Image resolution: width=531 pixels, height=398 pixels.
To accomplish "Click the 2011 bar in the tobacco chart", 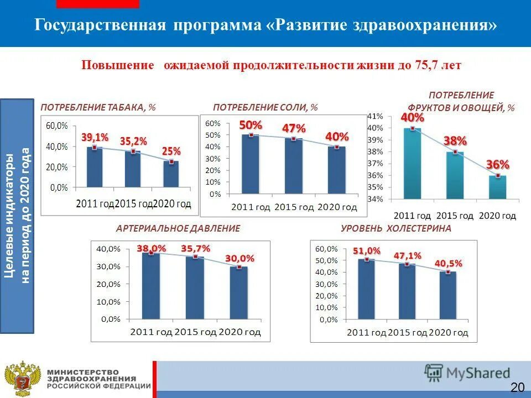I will (95, 167).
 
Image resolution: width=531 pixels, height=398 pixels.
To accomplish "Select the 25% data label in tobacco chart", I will (171, 151).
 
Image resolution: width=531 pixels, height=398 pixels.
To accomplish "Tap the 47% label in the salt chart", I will (294, 128).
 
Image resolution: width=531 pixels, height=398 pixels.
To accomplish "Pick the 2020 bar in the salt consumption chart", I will (336, 170).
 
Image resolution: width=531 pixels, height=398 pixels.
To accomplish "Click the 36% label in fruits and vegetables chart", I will (497, 164).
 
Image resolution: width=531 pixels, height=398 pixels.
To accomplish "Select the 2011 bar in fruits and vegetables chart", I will (412, 164).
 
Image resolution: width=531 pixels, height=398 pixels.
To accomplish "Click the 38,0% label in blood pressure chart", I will (151, 249).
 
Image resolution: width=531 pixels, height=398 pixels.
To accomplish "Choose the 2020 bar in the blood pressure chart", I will (239, 293).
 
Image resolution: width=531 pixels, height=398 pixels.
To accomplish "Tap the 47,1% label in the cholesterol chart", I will (407, 255).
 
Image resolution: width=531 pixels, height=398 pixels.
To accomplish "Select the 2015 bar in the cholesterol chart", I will (407, 292).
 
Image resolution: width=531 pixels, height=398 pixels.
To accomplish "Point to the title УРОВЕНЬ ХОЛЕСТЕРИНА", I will (395, 228).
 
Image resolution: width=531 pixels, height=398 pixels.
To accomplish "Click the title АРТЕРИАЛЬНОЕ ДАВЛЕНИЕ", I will (178, 228).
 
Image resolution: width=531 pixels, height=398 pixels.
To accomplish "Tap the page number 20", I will (517, 387).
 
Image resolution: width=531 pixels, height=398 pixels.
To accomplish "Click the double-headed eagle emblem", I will (23, 379).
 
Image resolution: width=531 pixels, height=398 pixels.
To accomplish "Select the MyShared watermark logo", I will (467, 373).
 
